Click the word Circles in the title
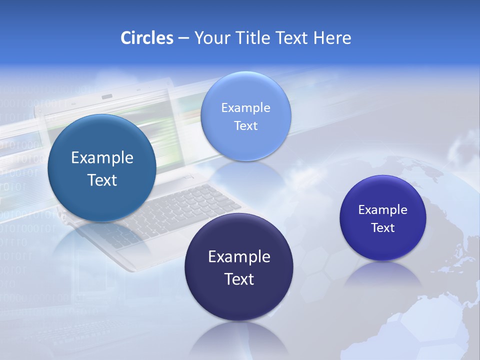(146, 38)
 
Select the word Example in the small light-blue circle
(245, 107)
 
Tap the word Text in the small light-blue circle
(245, 125)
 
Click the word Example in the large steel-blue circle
(102, 158)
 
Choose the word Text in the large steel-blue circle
(102, 180)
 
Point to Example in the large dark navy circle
(239, 257)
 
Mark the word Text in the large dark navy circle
(239, 279)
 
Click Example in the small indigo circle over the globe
(382, 209)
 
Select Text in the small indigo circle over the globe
(382, 227)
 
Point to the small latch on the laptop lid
(106, 96)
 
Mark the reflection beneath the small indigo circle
(383, 275)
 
